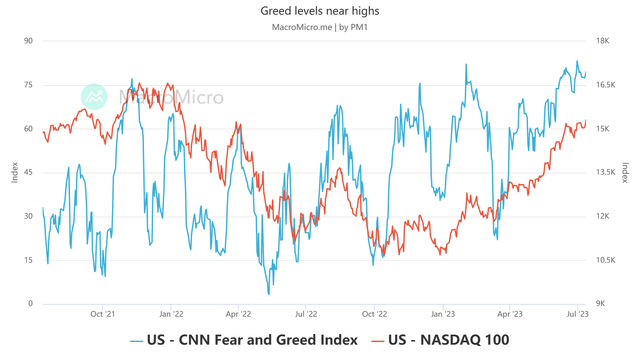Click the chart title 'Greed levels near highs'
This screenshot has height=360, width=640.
coord(320,11)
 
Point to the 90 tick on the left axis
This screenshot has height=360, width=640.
coord(28,41)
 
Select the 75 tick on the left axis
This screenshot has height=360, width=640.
coord(28,85)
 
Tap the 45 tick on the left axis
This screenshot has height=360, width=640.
coord(28,172)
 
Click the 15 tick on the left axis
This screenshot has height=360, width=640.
coord(28,260)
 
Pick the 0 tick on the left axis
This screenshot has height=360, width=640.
coord(30,304)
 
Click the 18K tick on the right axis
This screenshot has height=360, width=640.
coord(603,41)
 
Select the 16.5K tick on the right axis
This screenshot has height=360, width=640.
coord(606,85)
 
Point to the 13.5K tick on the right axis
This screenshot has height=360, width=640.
coord(606,172)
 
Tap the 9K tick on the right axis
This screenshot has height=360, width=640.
coord(602,304)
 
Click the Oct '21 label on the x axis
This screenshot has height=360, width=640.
coord(102,313)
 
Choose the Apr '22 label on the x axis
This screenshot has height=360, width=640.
coord(238,313)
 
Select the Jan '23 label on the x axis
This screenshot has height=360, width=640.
coord(442,313)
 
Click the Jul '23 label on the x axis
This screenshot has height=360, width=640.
coord(577,313)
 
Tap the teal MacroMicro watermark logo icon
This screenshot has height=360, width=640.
coord(94,97)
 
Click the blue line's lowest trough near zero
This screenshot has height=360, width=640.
coord(268,294)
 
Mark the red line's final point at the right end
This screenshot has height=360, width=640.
coord(586,123)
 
